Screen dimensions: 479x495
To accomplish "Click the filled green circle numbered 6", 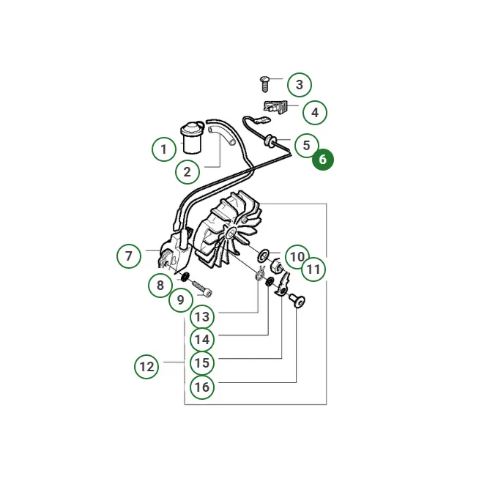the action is click(x=323, y=160).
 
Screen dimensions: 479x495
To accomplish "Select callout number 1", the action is click(x=164, y=149).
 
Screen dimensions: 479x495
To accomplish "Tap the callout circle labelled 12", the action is click(x=146, y=367).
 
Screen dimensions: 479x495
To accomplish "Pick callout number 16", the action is click(x=202, y=387).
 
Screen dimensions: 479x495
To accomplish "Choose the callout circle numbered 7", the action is click(x=129, y=256).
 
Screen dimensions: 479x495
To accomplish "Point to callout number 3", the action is click(x=300, y=85).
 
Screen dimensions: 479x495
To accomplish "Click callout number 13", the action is click(x=202, y=316).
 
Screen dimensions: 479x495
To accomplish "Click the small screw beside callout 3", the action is click(x=264, y=83).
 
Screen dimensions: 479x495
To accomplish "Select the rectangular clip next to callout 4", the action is click(x=275, y=106).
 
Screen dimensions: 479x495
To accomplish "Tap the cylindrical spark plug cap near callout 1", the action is click(x=192, y=138).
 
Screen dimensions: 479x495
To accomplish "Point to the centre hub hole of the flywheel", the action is click(x=231, y=234).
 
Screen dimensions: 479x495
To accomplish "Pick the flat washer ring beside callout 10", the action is click(x=263, y=255).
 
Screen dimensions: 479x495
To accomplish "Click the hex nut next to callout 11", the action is click(x=277, y=266).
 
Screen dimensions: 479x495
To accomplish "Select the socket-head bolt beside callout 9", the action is click(x=201, y=288).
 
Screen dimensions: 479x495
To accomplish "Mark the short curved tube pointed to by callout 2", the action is click(x=222, y=135).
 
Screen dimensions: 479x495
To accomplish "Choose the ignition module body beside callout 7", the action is click(x=175, y=251).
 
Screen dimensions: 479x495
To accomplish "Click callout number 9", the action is click(x=181, y=299).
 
